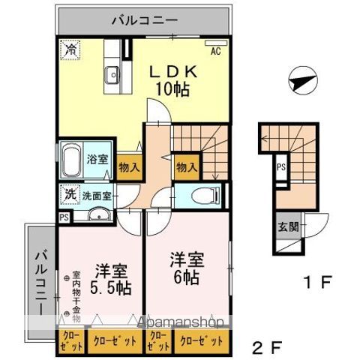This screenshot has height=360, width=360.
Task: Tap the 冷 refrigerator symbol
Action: [69, 50]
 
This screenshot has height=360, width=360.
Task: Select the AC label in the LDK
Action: [215, 51]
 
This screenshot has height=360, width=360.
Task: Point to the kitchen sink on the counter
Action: [113, 75]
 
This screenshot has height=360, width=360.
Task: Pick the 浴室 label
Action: [97, 159]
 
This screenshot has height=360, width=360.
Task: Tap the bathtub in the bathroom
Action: [71, 160]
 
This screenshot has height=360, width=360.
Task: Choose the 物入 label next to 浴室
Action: [128, 167]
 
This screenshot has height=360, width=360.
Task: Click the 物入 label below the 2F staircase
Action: [186, 167]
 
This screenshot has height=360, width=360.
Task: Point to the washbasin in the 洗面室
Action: [97, 217]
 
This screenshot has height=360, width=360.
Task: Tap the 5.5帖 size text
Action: [109, 286]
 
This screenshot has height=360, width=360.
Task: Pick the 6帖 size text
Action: [187, 274]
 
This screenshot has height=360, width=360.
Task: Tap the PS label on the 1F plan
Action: [281, 167]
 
